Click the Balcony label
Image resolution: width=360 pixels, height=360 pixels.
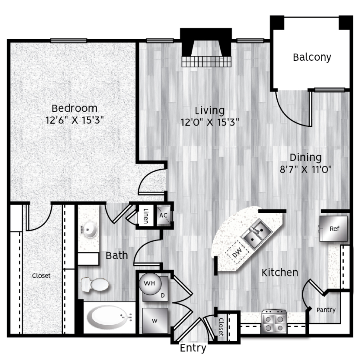click(312, 57)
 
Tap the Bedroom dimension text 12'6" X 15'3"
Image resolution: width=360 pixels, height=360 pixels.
click(75, 120)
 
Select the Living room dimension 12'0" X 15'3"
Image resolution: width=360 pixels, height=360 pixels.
click(210, 122)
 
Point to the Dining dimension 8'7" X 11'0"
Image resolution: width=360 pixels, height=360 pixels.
click(306, 170)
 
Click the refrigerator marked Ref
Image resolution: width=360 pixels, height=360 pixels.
click(333, 229)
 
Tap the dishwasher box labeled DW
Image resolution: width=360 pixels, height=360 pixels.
click(237, 252)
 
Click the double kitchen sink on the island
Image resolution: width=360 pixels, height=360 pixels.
click(257, 234)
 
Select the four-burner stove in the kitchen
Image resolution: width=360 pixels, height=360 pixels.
click(274, 322)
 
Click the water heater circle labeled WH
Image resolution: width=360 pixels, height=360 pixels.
click(150, 284)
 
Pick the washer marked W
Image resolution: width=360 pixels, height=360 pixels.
click(155, 321)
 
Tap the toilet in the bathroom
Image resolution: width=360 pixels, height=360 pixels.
click(95, 285)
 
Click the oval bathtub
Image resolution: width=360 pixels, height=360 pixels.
click(109, 318)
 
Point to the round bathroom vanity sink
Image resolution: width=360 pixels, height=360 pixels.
click(90, 229)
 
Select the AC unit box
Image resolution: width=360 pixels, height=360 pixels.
click(164, 215)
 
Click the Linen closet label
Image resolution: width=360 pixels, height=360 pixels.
click(146, 216)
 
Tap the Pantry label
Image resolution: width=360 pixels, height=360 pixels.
click(326, 310)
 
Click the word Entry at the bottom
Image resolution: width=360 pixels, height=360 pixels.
click(193, 348)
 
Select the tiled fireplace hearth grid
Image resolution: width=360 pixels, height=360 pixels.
click(206, 62)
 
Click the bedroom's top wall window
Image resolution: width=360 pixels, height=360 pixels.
click(69, 41)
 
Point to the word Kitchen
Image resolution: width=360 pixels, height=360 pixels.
click(280, 272)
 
